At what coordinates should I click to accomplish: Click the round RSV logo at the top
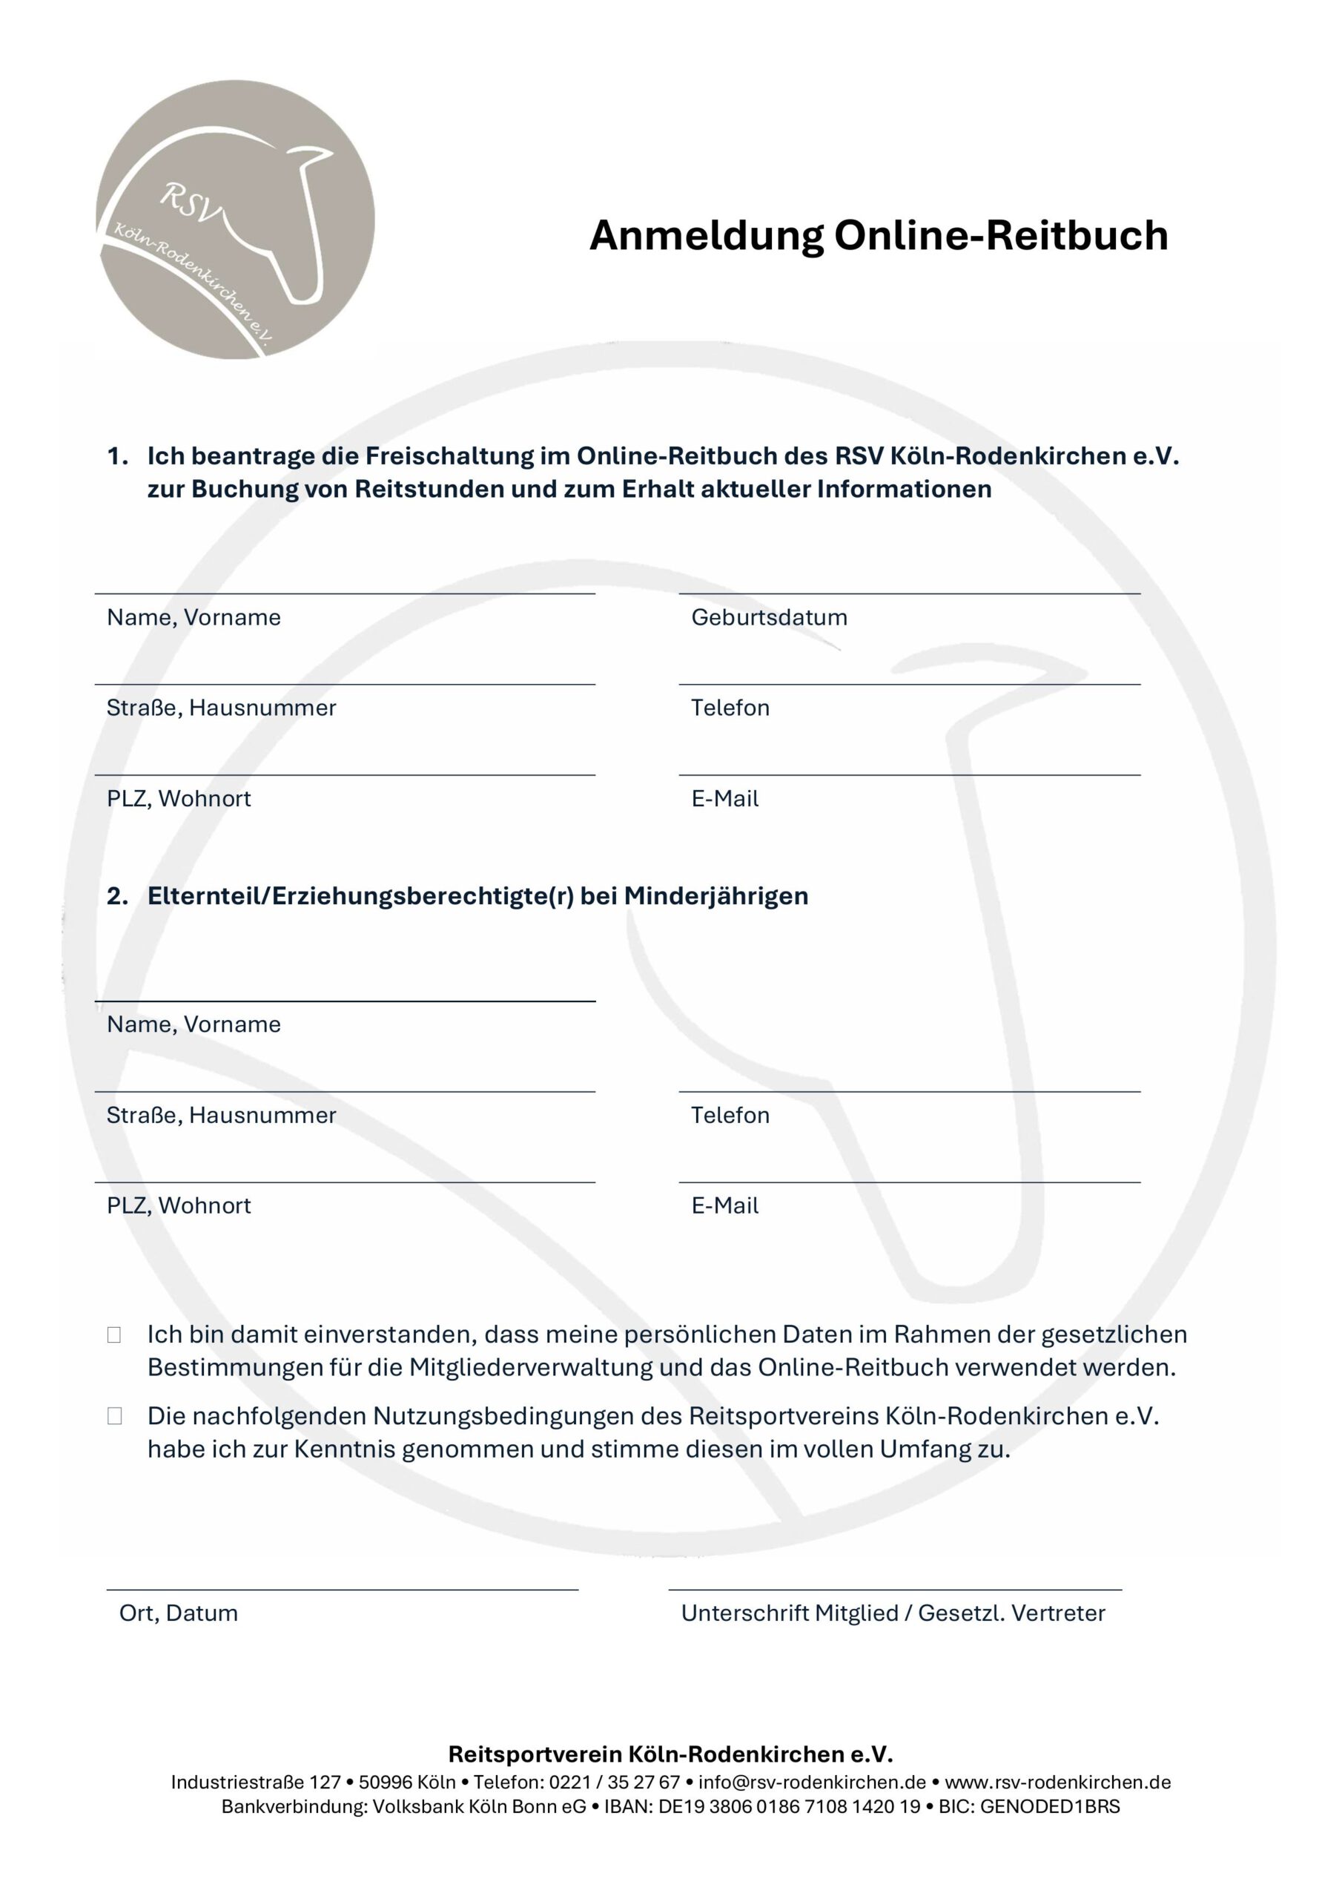click(x=235, y=219)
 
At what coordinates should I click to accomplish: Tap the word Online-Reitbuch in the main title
click(x=1000, y=236)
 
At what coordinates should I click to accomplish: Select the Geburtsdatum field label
click(x=769, y=618)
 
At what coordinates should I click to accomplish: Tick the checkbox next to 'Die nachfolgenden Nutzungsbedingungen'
click(x=114, y=1417)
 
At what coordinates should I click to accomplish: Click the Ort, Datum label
click(x=179, y=1613)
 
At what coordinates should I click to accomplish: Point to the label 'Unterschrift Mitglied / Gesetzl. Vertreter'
click(x=893, y=1613)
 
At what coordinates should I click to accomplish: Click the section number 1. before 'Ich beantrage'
click(x=117, y=456)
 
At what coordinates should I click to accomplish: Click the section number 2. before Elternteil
click(x=117, y=897)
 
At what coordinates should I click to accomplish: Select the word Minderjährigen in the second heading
click(x=716, y=897)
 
